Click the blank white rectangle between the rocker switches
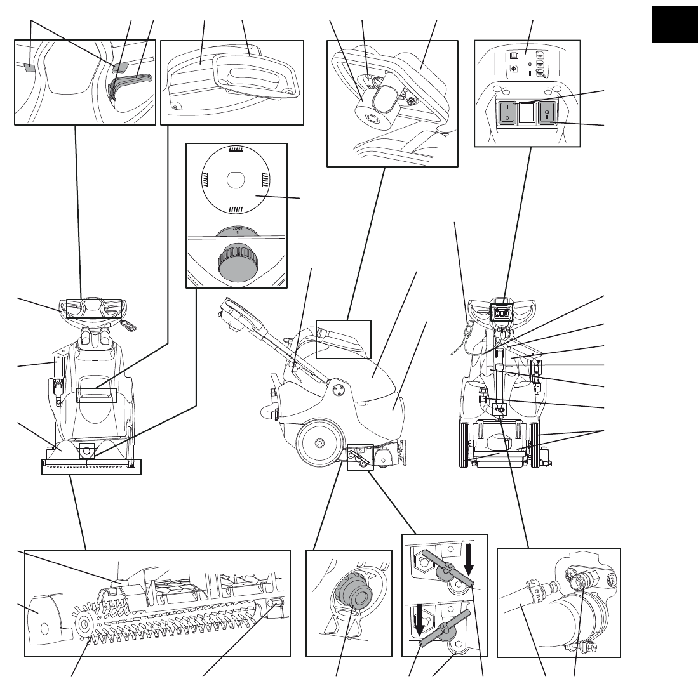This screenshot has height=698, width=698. click(x=527, y=114)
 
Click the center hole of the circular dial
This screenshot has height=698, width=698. click(x=236, y=180)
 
